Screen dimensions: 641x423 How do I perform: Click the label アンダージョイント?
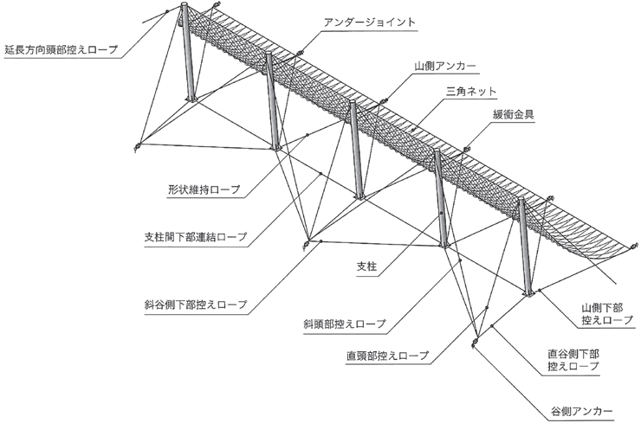tap(370, 22)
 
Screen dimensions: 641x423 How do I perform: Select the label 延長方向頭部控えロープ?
tap(61, 50)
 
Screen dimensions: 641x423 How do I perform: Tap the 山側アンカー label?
tap(445, 66)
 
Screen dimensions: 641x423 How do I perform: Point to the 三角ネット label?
tap(471, 91)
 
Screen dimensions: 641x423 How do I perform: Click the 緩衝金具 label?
tap(513, 114)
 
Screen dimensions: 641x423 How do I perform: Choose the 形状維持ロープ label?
tap(204, 189)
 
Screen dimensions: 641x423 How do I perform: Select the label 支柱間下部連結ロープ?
tap(196, 237)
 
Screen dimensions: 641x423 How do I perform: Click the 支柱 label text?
tap(366, 266)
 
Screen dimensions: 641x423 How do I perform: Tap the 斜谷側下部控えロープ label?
tap(196, 304)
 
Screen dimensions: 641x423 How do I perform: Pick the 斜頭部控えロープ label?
tap(345, 324)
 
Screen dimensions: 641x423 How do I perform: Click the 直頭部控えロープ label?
tap(387, 356)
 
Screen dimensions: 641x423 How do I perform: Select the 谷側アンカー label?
tap(582, 411)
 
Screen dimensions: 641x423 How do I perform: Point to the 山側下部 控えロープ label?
tap(607, 314)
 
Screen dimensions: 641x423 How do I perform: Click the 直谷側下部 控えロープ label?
tap(573, 359)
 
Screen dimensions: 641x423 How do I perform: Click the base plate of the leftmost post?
tap(191, 99)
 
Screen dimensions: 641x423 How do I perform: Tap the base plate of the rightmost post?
tap(529, 293)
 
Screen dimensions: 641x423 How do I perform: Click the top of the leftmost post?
tap(184, 5)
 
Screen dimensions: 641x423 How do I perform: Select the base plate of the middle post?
tap(359, 197)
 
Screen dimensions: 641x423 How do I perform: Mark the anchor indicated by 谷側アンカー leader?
tap(474, 342)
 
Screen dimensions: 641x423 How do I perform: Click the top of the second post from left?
tap(269, 54)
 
